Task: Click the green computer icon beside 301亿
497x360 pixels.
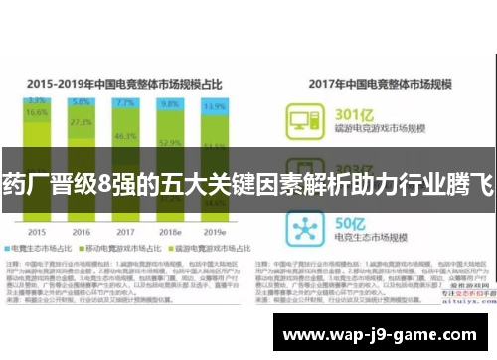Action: pyautogui.click(x=301, y=123)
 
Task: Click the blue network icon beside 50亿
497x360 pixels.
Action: pyautogui.click(x=301, y=227)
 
